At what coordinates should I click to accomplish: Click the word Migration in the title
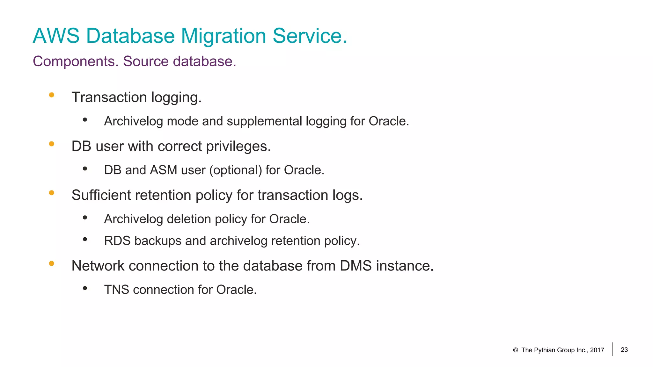224,36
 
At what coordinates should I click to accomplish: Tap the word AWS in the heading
56,36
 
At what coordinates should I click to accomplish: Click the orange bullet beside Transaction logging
52,95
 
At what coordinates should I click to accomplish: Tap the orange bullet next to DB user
52,144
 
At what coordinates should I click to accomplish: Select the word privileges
238,146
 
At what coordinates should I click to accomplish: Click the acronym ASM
163,170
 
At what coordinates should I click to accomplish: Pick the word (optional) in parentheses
236,170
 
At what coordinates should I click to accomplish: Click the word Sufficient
101,195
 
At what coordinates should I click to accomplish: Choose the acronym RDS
117,241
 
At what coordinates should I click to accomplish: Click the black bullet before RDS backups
85,239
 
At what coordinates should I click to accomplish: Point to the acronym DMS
356,266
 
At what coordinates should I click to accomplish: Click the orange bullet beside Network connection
52,263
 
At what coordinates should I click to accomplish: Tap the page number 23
624,350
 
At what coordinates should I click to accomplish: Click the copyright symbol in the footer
515,350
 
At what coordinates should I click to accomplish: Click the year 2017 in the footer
597,350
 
